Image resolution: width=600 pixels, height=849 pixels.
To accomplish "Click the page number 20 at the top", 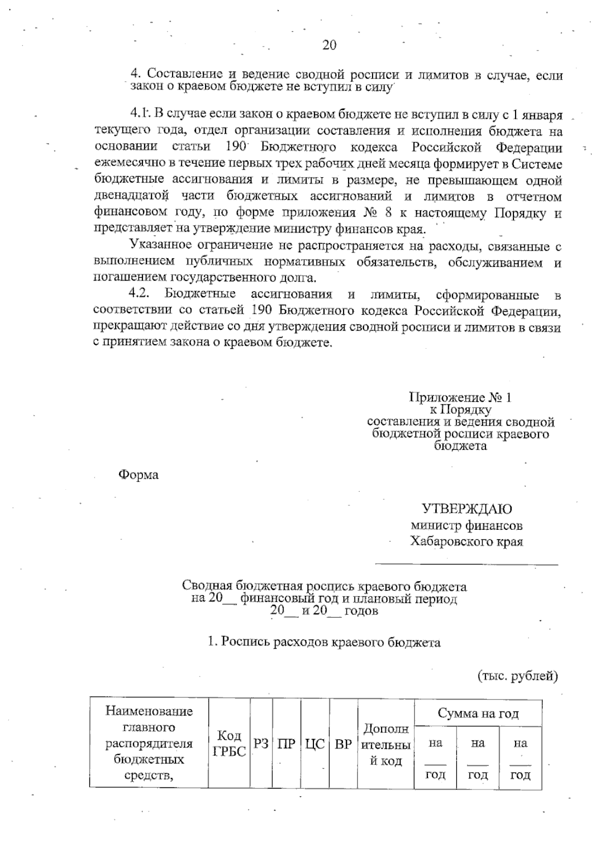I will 329,45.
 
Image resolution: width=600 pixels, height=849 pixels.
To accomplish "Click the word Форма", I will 138,475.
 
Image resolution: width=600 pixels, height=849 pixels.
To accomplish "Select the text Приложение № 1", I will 460,398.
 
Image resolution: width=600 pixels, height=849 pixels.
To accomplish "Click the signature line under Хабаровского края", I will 466,564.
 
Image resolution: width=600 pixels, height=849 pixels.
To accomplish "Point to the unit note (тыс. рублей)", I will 517,676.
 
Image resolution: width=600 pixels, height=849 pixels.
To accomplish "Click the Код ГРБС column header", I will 229,743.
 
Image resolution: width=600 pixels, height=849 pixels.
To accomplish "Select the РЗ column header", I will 261,743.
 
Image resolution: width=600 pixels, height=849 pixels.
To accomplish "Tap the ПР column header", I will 286,743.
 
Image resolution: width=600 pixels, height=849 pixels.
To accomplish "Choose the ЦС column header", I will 315,743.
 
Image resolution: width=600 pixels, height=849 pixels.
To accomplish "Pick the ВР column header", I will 343,743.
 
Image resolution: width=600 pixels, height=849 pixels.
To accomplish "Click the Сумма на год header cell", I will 478,713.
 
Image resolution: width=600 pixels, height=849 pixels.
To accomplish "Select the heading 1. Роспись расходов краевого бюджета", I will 324,642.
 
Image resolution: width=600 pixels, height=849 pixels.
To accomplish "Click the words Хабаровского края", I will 466,541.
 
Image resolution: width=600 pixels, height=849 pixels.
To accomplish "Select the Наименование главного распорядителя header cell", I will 149,743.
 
